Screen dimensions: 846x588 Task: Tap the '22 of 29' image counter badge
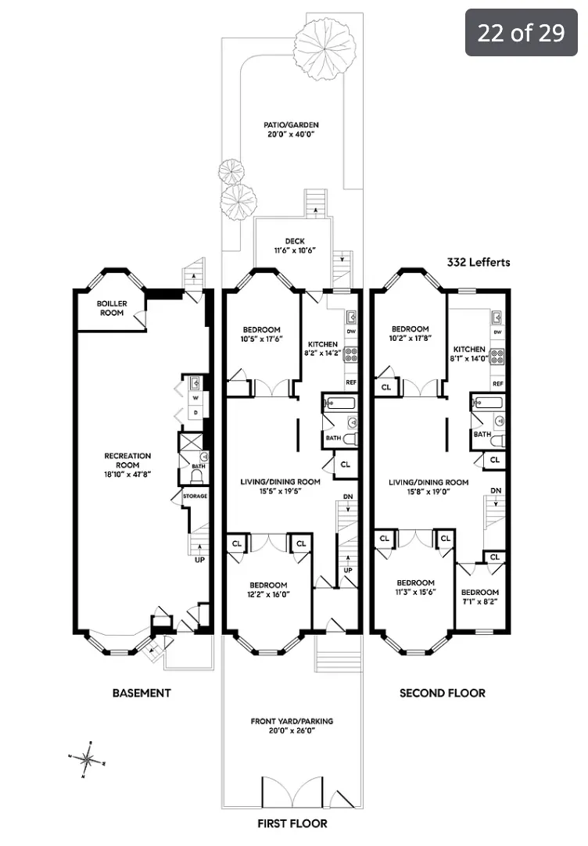(x=521, y=32)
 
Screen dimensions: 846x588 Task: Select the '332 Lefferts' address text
(x=478, y=262)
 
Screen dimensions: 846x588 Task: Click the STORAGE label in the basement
(x=195, y=496)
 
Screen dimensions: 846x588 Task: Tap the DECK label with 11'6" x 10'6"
(x=294, y=246)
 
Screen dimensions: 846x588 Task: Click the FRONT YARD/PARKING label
(x=292, y=726)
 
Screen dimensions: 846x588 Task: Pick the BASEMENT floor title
(x=142, y=693)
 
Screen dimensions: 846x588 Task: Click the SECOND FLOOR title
(x=442, y=693)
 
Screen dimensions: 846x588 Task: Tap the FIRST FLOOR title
(x=292, y=823)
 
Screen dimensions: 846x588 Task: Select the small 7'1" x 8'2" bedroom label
(x=479, y=597)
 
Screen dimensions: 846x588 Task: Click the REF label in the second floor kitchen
(x=497, y=382)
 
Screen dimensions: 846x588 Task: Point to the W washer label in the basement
(x=195, y=396)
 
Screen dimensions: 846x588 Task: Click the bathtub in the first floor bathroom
(x=339, y=404)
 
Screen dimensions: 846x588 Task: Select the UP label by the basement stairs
(x=199, y=560)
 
